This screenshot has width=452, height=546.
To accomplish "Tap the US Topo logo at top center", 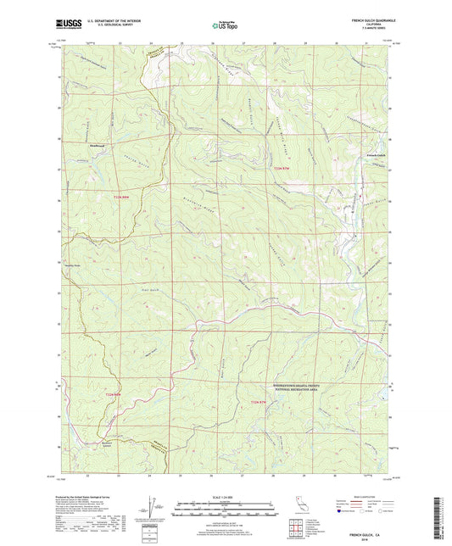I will (x=224, y=26).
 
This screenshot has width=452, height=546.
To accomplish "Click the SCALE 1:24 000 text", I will (x=225, y=496).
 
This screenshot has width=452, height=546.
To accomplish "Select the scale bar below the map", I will (x=225, y=511).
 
